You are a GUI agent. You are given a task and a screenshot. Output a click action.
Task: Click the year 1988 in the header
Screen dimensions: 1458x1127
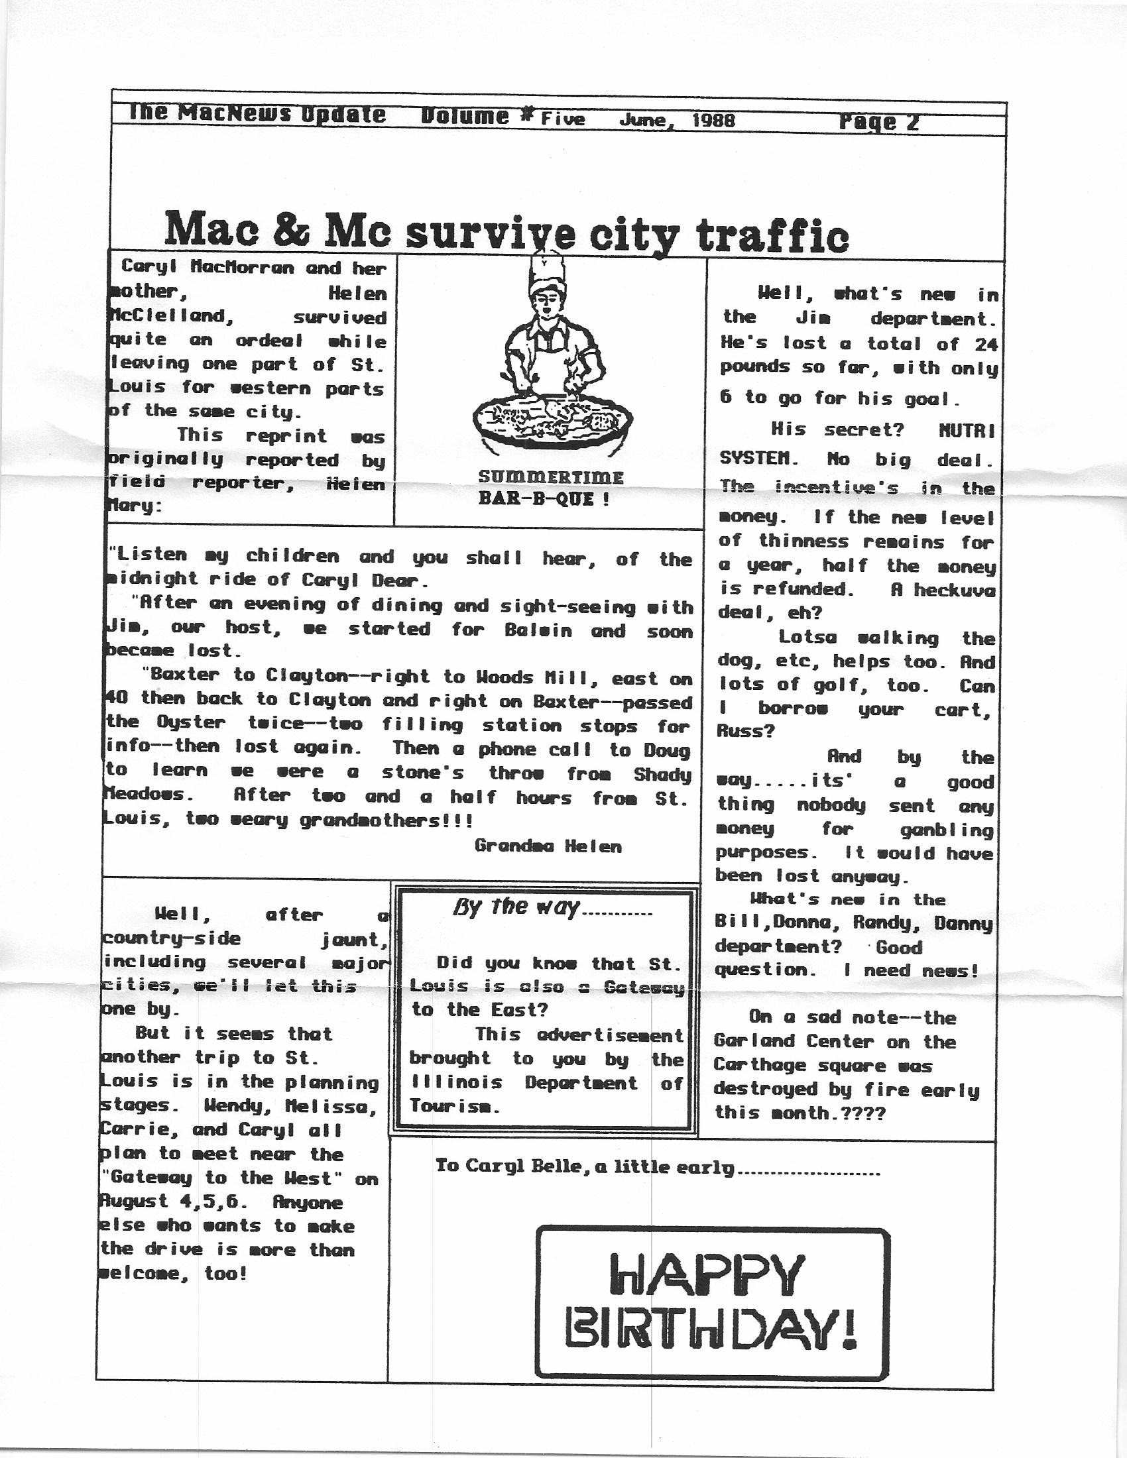(713, 120)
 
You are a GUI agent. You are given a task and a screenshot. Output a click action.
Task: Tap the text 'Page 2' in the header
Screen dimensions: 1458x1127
(878, 121)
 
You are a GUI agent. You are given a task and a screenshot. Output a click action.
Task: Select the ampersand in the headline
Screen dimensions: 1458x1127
(292, 229)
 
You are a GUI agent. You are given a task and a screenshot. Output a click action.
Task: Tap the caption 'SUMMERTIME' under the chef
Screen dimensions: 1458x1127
(551, 478)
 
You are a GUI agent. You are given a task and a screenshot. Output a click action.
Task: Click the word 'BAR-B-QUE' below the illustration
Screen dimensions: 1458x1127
(534, 499)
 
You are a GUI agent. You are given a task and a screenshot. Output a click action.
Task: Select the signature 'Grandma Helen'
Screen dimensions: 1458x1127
(548, 846)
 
